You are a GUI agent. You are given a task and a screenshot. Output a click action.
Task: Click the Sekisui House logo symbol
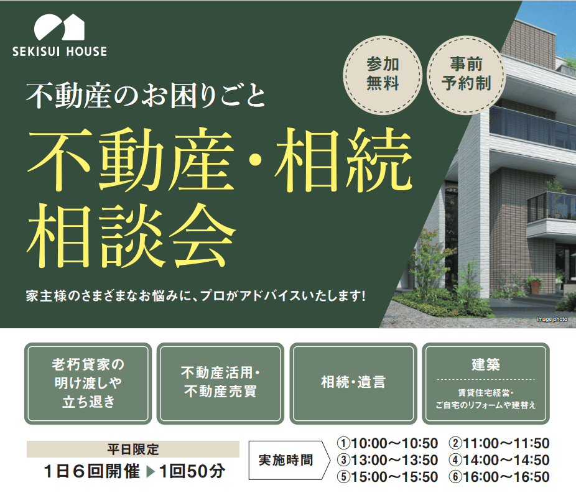point(60,27)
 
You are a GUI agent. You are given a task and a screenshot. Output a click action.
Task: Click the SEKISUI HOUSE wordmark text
point(60,52)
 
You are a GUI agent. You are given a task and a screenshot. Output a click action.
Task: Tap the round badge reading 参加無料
point(383,74)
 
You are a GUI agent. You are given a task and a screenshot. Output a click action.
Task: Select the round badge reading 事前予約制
point(466,74)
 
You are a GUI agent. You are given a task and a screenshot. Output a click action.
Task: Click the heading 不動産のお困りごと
point(146,96)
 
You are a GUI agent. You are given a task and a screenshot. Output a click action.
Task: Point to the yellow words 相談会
point(131,236)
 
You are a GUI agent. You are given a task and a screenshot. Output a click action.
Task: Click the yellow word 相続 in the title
point(344,160)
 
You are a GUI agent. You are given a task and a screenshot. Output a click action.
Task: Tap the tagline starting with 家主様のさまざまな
point(196,295)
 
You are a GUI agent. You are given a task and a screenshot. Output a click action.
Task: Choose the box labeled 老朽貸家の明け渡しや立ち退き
point(88,383)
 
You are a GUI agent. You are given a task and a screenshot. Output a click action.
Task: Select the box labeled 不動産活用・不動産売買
point(220,383)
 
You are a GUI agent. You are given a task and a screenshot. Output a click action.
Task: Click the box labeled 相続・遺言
point(353,383)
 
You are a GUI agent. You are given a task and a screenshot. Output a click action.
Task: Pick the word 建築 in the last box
point(486,364)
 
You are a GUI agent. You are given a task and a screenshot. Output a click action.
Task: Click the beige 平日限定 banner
point(133,449)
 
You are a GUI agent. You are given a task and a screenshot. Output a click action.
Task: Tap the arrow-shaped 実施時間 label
point(289,460)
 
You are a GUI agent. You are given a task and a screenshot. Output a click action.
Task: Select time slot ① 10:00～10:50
point(388,443)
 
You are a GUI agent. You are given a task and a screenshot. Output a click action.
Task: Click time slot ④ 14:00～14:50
point(499,460)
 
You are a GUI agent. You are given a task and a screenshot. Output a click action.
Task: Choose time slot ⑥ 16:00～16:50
point(499,477)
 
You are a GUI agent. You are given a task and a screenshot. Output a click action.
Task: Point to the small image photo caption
point(552,319)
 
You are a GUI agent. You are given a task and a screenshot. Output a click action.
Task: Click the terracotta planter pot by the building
point(535,287)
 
